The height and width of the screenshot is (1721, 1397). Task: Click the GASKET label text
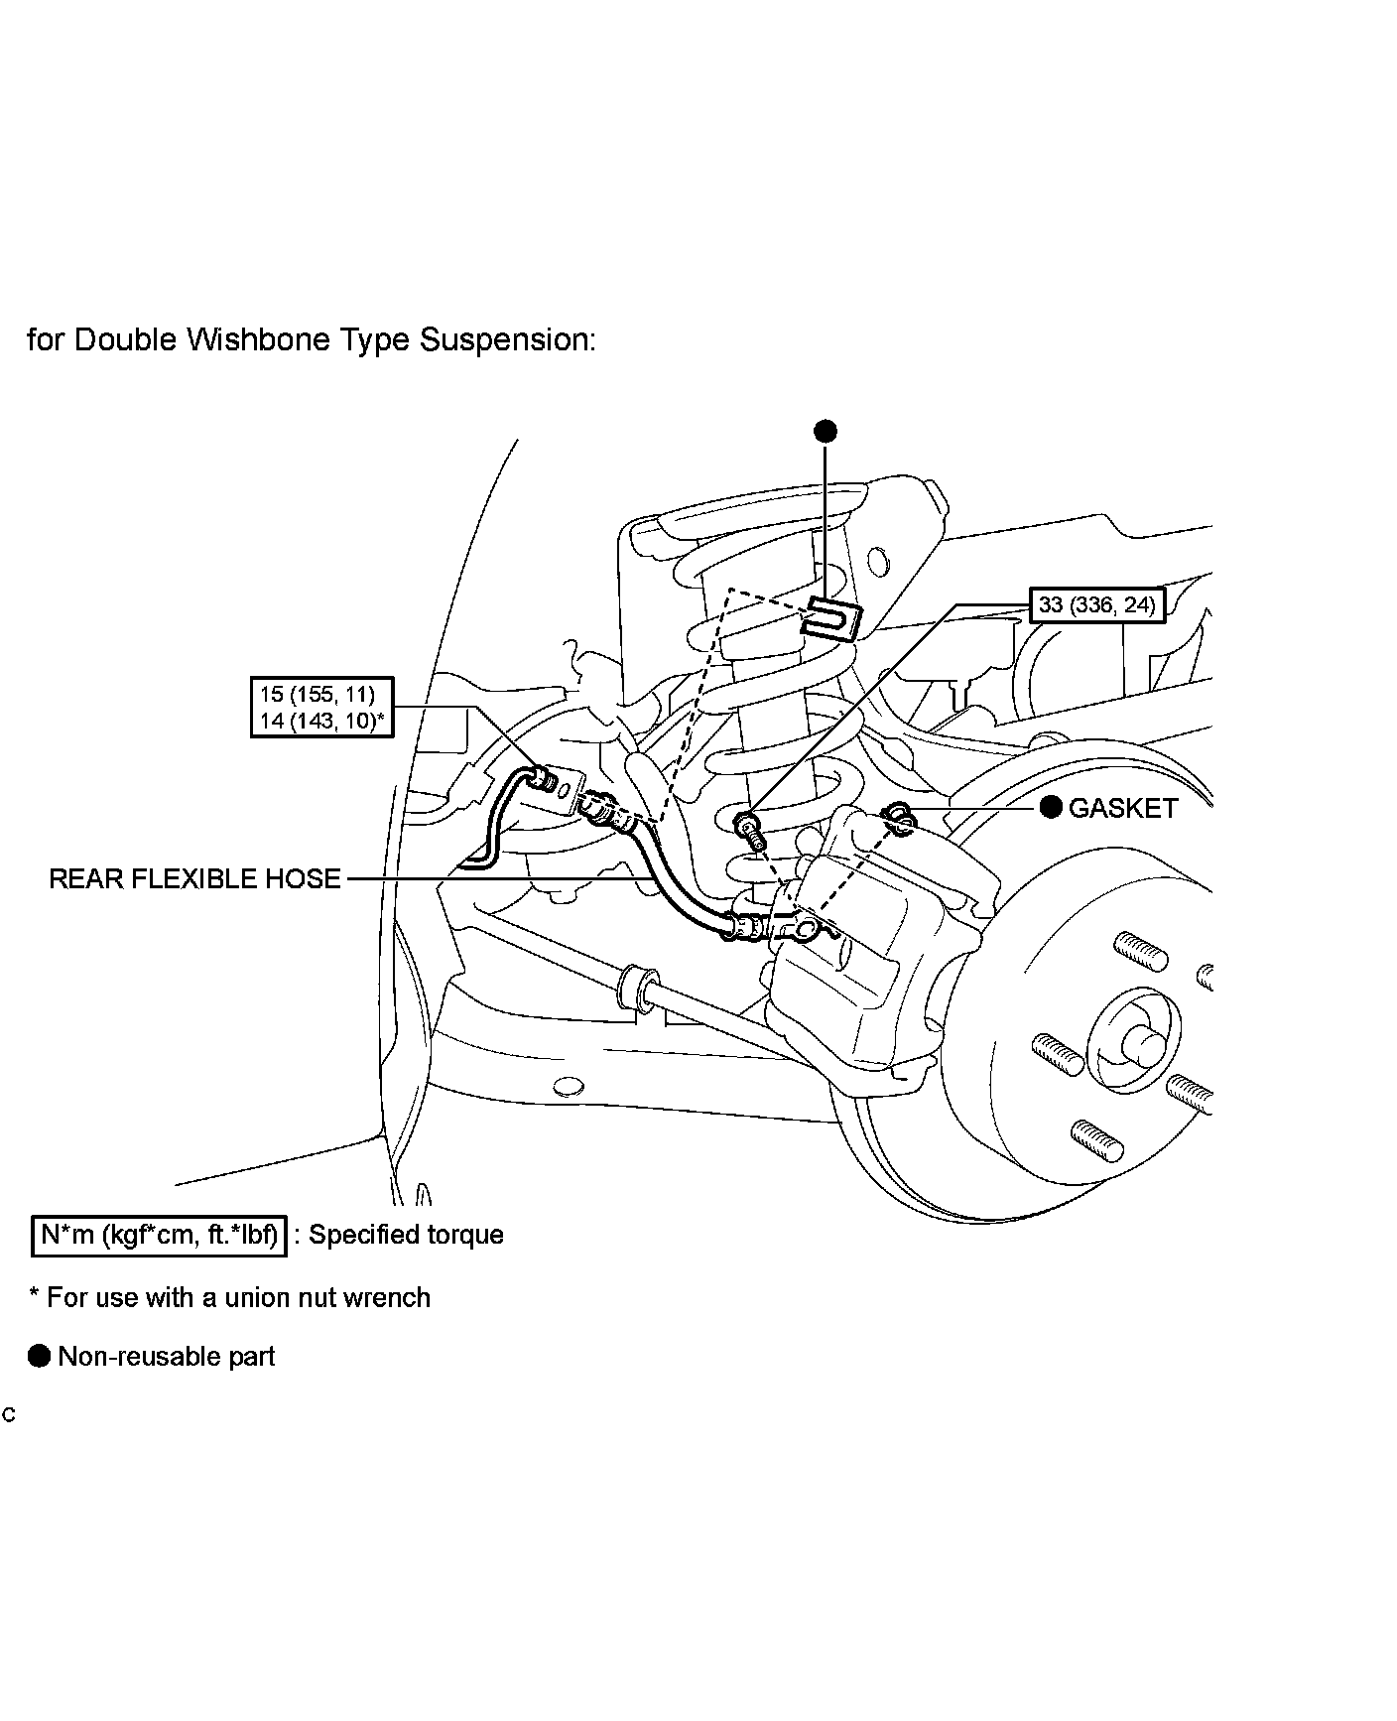1122,808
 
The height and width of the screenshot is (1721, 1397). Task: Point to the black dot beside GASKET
1051,807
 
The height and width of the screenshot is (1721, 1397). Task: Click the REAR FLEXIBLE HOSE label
194,878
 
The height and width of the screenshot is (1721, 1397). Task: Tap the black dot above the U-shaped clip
825,431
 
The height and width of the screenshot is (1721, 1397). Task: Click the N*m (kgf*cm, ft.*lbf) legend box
159,1235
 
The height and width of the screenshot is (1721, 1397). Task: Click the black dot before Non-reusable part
39,1356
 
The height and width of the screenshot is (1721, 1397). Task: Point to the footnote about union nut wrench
229,1297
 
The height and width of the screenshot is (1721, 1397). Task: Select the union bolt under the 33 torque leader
747,824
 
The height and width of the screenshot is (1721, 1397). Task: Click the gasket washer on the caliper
899,817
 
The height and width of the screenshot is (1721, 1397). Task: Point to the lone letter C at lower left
9,1414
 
